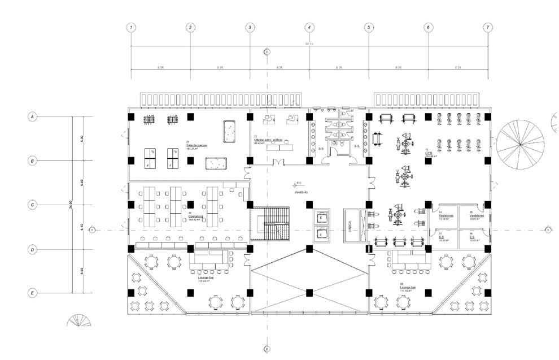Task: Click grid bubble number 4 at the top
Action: click(x=309, y=27)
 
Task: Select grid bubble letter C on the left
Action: click(x=33, y=205)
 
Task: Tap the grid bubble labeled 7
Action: click(x=488, y=27)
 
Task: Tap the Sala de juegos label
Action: click(x=196, y=145)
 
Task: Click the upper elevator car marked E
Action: click(x=321, y=217)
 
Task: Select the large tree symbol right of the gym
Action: click(x=519, y=143)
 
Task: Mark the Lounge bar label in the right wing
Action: click(x=408, y=288)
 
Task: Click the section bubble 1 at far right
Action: click(x=548, y=229)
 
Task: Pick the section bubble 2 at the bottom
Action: click(x=267, y=349)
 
